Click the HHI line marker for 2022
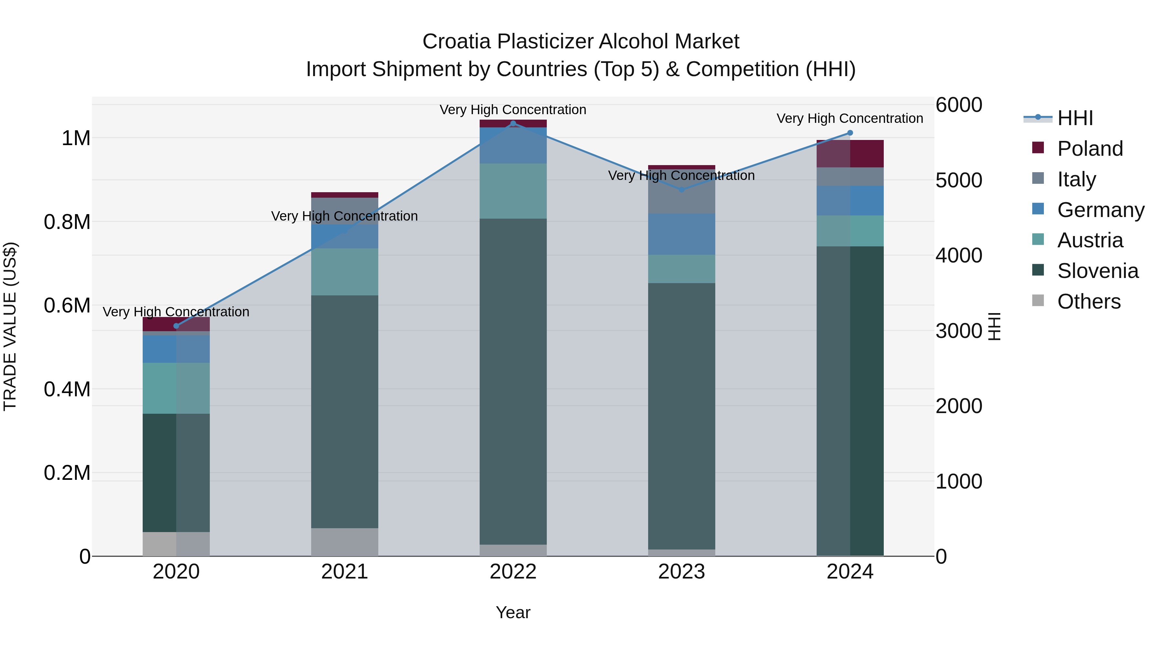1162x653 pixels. pos(513,124)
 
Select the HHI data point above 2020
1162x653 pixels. pos(176,326)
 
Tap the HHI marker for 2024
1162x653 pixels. pos(850,133)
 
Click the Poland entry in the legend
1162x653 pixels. pos(1089,149)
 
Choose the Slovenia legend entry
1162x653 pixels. pos(1097,271)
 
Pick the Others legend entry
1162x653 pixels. pos(1088,302)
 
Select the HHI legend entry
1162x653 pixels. pos(1075,118)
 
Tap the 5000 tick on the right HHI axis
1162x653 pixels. pos(959,180)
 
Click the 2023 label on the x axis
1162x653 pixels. pos(681,571)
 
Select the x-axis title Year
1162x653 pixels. pos(513,612)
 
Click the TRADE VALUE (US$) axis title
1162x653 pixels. pos(10,326)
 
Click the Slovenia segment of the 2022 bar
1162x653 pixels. pos(513,381)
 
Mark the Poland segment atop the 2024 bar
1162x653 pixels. pos(850,154)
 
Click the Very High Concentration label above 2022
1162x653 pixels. pos(513,110)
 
